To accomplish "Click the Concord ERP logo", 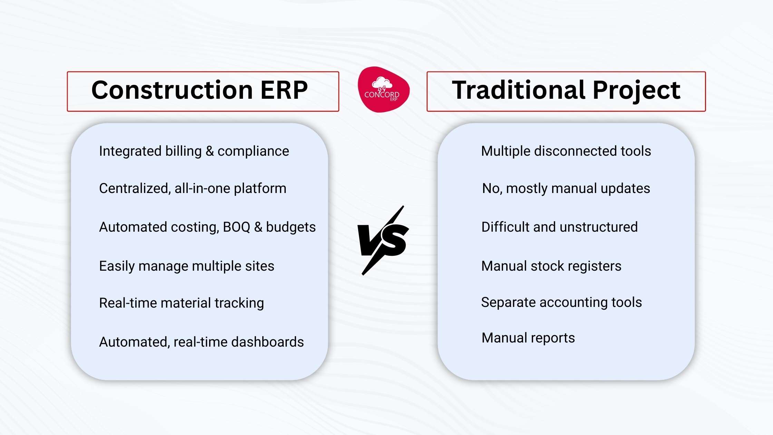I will pos(383,90).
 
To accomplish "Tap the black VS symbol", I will pos(383,240).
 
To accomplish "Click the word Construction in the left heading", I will pos(172,90).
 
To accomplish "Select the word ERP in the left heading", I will pos(284,90).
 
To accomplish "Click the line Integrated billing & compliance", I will pos(194,151).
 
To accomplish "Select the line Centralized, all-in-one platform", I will pos(193,188).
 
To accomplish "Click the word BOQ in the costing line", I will pos(236,227).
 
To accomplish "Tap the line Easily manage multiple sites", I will pos(186,266).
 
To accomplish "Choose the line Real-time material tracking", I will pos(181,303).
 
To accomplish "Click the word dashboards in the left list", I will pos(267,342).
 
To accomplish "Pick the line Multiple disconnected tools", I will pos(566,151).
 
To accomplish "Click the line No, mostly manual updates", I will pos(566,188).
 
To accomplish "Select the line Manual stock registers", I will pos(551,266).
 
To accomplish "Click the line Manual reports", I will pos(528,338).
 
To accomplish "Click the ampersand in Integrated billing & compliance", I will pos(209,151).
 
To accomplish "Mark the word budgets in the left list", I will pos(291,227).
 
